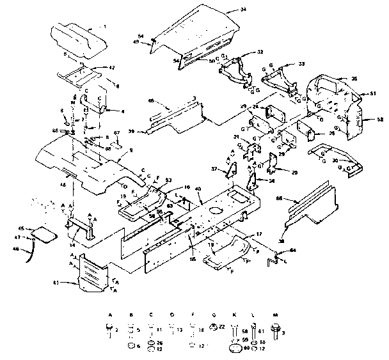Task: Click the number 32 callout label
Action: [260, 52]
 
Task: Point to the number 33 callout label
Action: [302, 64]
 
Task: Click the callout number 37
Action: [215, 169]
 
